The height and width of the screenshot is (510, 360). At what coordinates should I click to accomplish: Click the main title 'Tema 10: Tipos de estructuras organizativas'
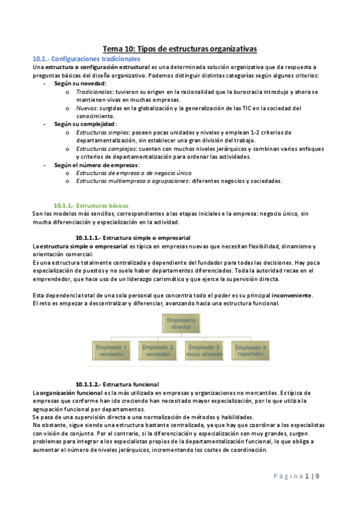click(180, 49)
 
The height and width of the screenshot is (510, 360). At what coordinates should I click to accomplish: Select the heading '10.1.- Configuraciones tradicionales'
click(86, 59)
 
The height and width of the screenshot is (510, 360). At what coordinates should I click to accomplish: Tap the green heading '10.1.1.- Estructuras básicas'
click(90, 205)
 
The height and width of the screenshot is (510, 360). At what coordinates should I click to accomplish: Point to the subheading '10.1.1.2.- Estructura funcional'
click(117, 384)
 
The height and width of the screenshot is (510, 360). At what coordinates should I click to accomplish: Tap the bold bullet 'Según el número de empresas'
click(96, 165)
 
